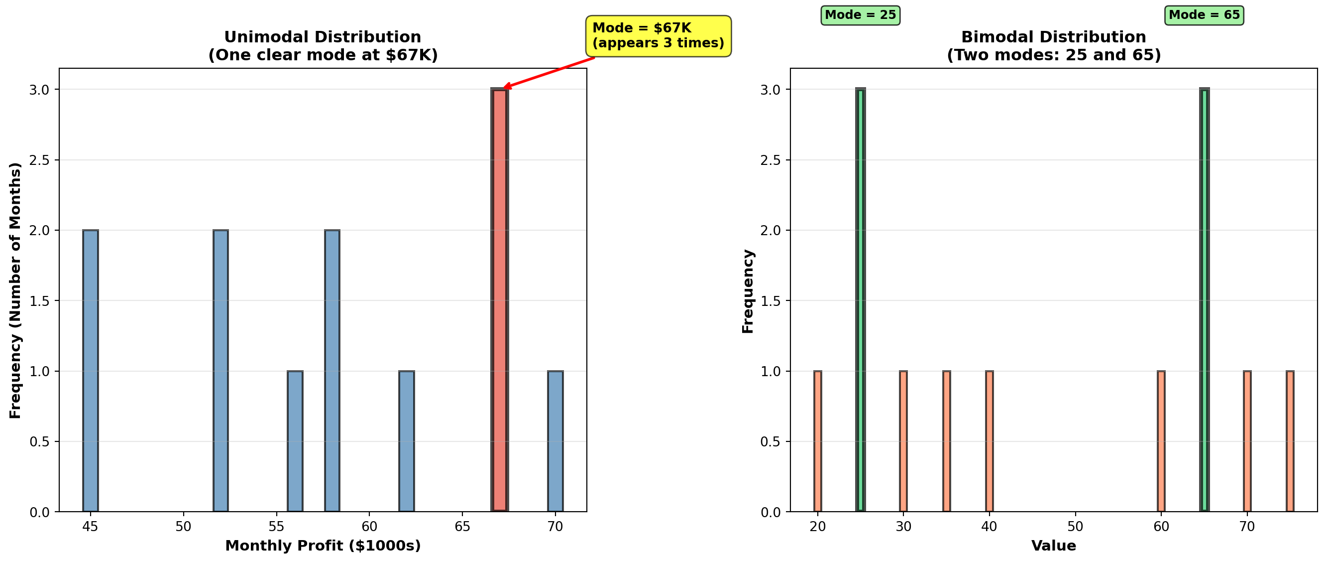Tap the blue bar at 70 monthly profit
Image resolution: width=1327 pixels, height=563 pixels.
pos(555,441)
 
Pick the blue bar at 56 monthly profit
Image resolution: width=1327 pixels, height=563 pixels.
pos(295,441)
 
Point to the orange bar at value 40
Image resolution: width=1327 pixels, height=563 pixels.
pos(989,441)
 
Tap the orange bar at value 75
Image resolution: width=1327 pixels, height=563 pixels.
pos(1290,441)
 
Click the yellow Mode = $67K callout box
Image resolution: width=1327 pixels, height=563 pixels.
pos(658,35)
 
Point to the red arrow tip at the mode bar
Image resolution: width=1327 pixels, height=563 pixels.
pos(505,88)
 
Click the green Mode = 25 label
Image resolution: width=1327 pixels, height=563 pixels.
pos(860,15)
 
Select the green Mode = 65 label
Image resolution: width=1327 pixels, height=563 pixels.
pos(1204,15)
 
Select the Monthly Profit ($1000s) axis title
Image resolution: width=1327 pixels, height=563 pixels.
pos(323,546)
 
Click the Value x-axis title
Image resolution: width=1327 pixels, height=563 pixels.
pos(1053,546)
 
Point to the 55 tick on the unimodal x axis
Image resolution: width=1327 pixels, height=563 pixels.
pos(277,527)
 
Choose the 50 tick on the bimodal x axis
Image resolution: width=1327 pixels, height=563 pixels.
pos(1075,527)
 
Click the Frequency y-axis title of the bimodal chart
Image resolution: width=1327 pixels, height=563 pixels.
pos(748,291)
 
